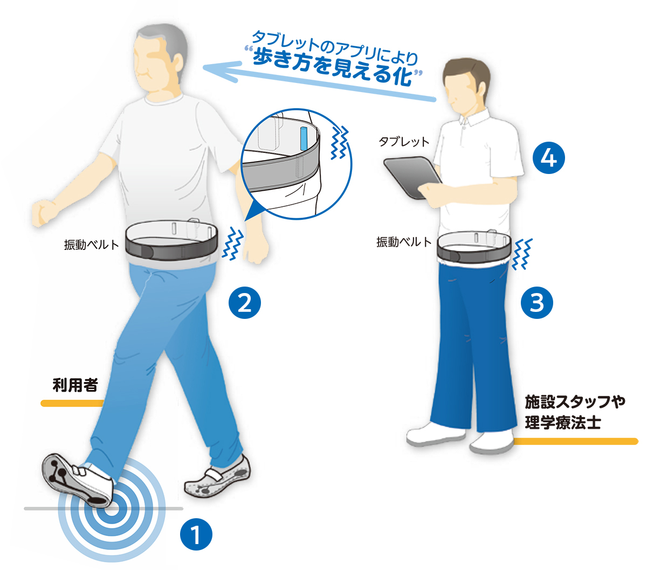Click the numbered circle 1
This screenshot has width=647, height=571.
tap(196, 534)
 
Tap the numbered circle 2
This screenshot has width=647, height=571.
tap(245, 303)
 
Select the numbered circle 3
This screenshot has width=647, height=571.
tap(537, 303)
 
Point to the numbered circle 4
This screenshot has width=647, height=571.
tap(549, 158)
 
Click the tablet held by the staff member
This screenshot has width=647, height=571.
tap(412, 177)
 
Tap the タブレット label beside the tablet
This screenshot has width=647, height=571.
tap(404, 142)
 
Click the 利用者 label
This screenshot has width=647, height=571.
tap(75, 385)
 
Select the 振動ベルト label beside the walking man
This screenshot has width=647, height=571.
tap(91, 245)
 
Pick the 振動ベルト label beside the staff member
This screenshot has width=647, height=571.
tap(404, 242)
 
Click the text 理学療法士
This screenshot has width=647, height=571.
tap(563, 423)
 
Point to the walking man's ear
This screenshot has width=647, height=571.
tap(178, 64)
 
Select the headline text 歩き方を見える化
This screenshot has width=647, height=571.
tap(333, 68)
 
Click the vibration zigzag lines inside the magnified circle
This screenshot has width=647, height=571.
tap(339, 142)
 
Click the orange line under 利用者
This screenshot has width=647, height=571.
tap(72, 403)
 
